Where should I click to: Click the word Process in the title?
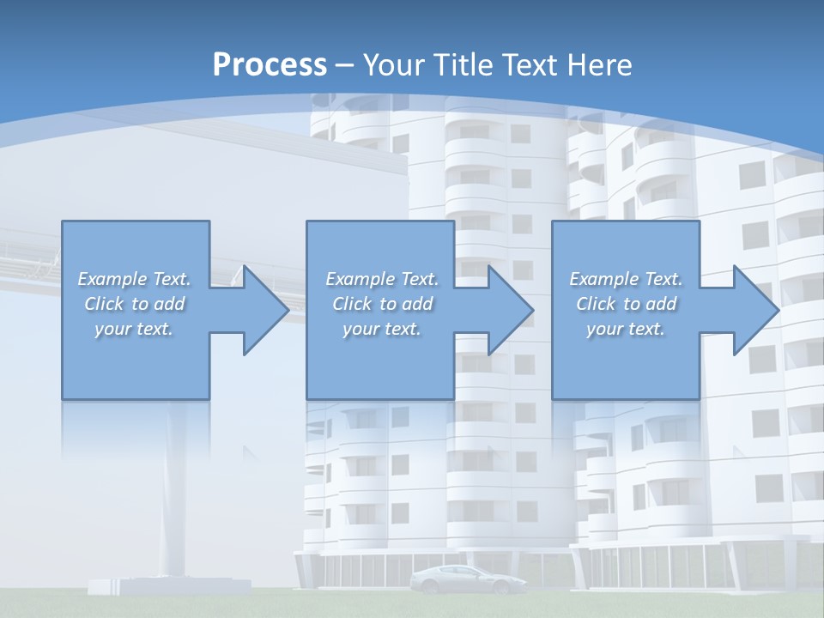270,65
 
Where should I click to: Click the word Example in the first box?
112,279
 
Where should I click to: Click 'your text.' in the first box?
134,329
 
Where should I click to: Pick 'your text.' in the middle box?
382,329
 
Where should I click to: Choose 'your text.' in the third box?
626,329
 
